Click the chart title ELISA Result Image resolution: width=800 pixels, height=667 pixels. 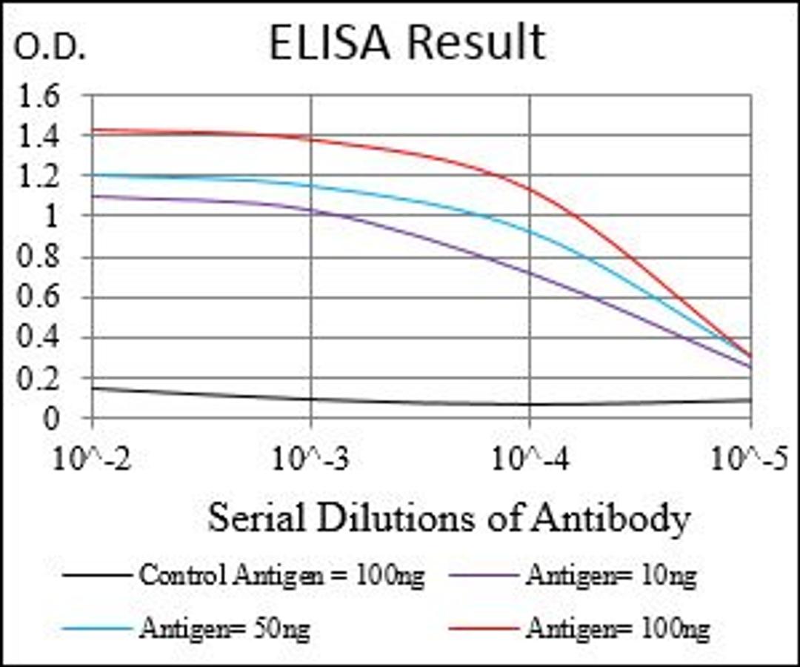[x=407, y=43]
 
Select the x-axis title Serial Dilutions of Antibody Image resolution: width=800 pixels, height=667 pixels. [x=448, y=518]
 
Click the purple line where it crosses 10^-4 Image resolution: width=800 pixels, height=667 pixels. [x=530, y=271]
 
